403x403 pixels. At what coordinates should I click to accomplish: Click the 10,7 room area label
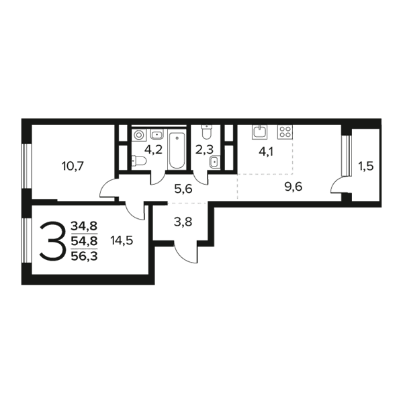coord(73,167)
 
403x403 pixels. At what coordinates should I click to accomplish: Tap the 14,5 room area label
coord(122,240)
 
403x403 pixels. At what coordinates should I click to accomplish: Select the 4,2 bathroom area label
coord(153,149)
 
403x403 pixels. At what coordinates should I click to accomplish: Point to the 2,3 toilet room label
coord(204,149)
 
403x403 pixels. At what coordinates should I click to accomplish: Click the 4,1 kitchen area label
coord(266,152)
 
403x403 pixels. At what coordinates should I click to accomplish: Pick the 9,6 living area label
coord(294,187)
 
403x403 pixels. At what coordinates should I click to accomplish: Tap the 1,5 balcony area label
coord(366,167)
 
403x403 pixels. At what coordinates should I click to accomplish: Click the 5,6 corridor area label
coord(183,189)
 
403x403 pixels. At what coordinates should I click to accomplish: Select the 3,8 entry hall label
coord(183,222)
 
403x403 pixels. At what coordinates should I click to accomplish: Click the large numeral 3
coord(52,241)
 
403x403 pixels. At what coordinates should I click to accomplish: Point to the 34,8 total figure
coord(84,226)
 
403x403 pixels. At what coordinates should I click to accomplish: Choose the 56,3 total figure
coord(84,256)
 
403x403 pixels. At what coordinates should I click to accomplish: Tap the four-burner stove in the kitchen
coord(285,132)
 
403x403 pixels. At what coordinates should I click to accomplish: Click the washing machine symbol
coord(139,135)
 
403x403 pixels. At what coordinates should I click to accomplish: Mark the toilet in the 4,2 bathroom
coord(139,161)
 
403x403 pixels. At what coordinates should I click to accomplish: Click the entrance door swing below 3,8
coord(185,252)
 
